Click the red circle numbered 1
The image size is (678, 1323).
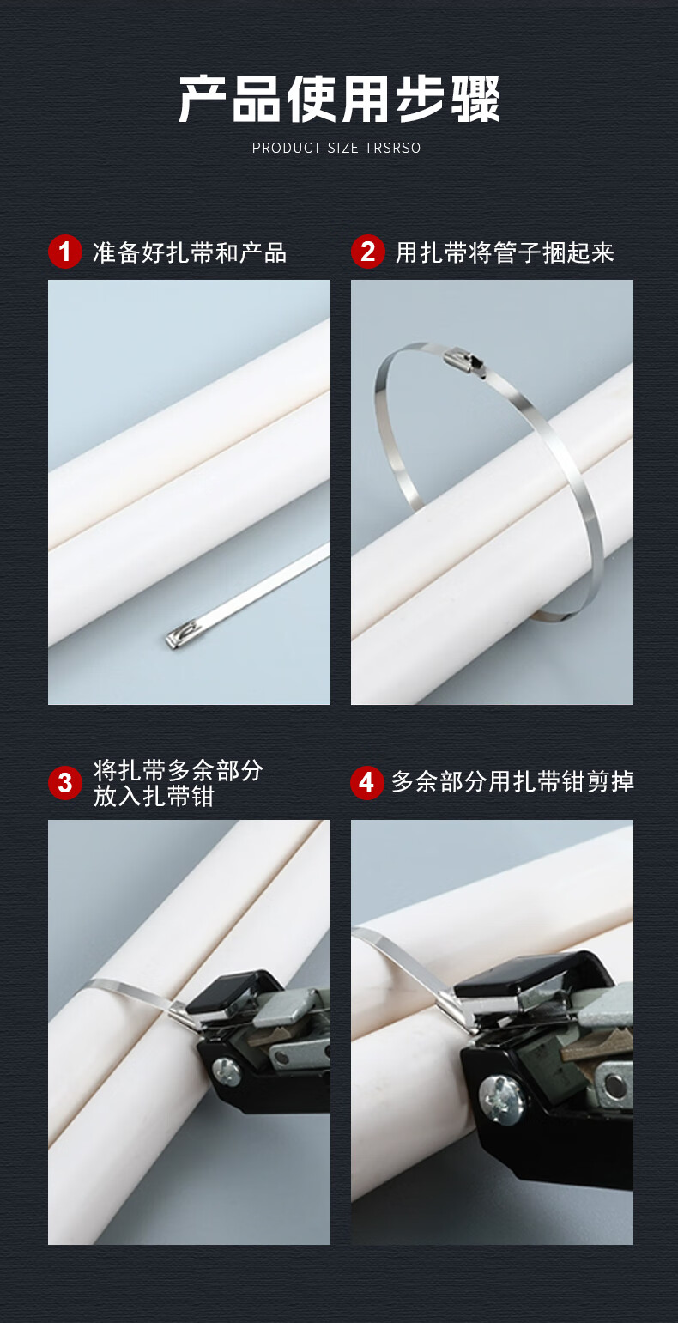point(65,252)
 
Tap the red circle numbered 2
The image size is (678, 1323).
point(368,252)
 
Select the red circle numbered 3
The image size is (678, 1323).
point(65,783)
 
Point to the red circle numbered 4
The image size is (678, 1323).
point(367,783)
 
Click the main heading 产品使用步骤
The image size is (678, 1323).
point(339,100)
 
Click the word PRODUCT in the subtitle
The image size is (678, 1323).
point(287,148)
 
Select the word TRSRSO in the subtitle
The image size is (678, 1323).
point(393,148)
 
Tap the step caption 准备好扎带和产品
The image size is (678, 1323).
point(190,252)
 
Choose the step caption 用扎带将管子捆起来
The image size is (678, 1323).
point(505,252)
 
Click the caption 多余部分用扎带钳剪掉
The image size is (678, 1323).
point(512,781)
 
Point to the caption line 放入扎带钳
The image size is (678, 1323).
point(154,796)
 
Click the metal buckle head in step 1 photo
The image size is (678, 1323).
point(179,638)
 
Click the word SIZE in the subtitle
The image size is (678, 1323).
point(343,148)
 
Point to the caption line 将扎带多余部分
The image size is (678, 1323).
point(178,770)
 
